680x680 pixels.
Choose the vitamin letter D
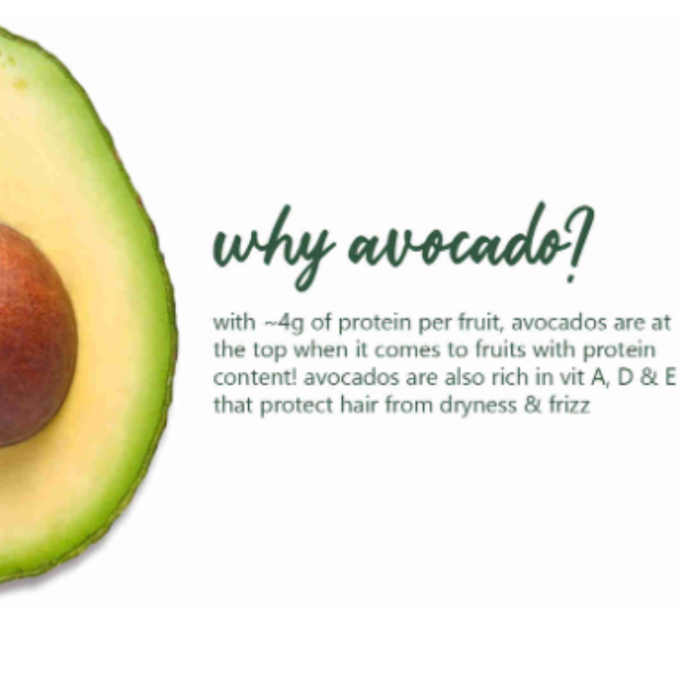pos(625,378)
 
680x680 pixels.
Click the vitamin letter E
pos(669,378)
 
